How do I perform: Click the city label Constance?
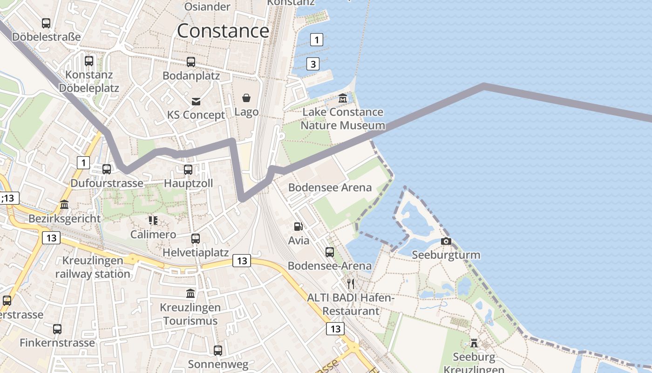click(223, 31)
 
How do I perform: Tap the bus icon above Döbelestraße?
click(46, 23)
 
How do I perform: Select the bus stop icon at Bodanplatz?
click(191, 62)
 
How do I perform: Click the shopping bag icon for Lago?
click(246, 98)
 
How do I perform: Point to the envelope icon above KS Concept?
click(196, 101)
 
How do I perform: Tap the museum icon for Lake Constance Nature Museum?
click(343, 98)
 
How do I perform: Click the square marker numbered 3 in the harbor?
click(313, 64)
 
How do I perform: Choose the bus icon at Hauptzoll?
click(188, 170)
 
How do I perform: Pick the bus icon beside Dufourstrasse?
click(107, 169)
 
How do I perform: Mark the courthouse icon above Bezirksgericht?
click(64, 205)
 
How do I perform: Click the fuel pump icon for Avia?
click(298, 227)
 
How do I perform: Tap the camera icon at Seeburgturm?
click(446, 241)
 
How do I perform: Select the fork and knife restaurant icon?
click(351, 283)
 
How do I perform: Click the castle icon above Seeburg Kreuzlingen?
click(474, 343)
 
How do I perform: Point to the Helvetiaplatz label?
click(196, 253)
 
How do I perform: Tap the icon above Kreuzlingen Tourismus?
click(190, 294)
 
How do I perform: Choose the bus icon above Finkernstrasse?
click(57, 329)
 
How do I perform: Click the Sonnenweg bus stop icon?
click(218, 350)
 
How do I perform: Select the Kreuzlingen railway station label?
click(93, 267)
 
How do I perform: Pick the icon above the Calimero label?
click(153, 220)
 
